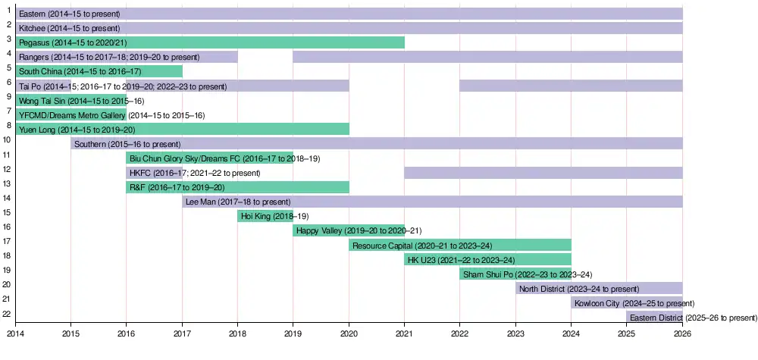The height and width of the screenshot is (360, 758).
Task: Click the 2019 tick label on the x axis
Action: (293, 332)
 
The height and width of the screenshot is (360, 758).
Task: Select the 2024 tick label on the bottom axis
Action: (571, 332)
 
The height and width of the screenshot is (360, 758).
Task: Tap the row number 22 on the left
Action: (6, 314)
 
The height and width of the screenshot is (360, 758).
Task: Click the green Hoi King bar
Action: (265, 216)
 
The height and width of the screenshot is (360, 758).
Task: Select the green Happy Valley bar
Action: (349, 230)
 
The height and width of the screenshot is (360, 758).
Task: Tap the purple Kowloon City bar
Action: (627, 303)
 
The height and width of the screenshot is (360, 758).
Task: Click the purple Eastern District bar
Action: (654, 318)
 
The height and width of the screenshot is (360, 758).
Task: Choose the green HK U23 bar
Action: (487, 260)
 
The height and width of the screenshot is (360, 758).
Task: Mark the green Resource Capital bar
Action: (460, 246)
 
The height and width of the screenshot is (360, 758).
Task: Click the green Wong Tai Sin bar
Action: (71, 100)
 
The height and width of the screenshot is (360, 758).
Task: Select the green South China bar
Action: (99, 71)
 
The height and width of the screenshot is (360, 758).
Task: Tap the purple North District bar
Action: (599, 289)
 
